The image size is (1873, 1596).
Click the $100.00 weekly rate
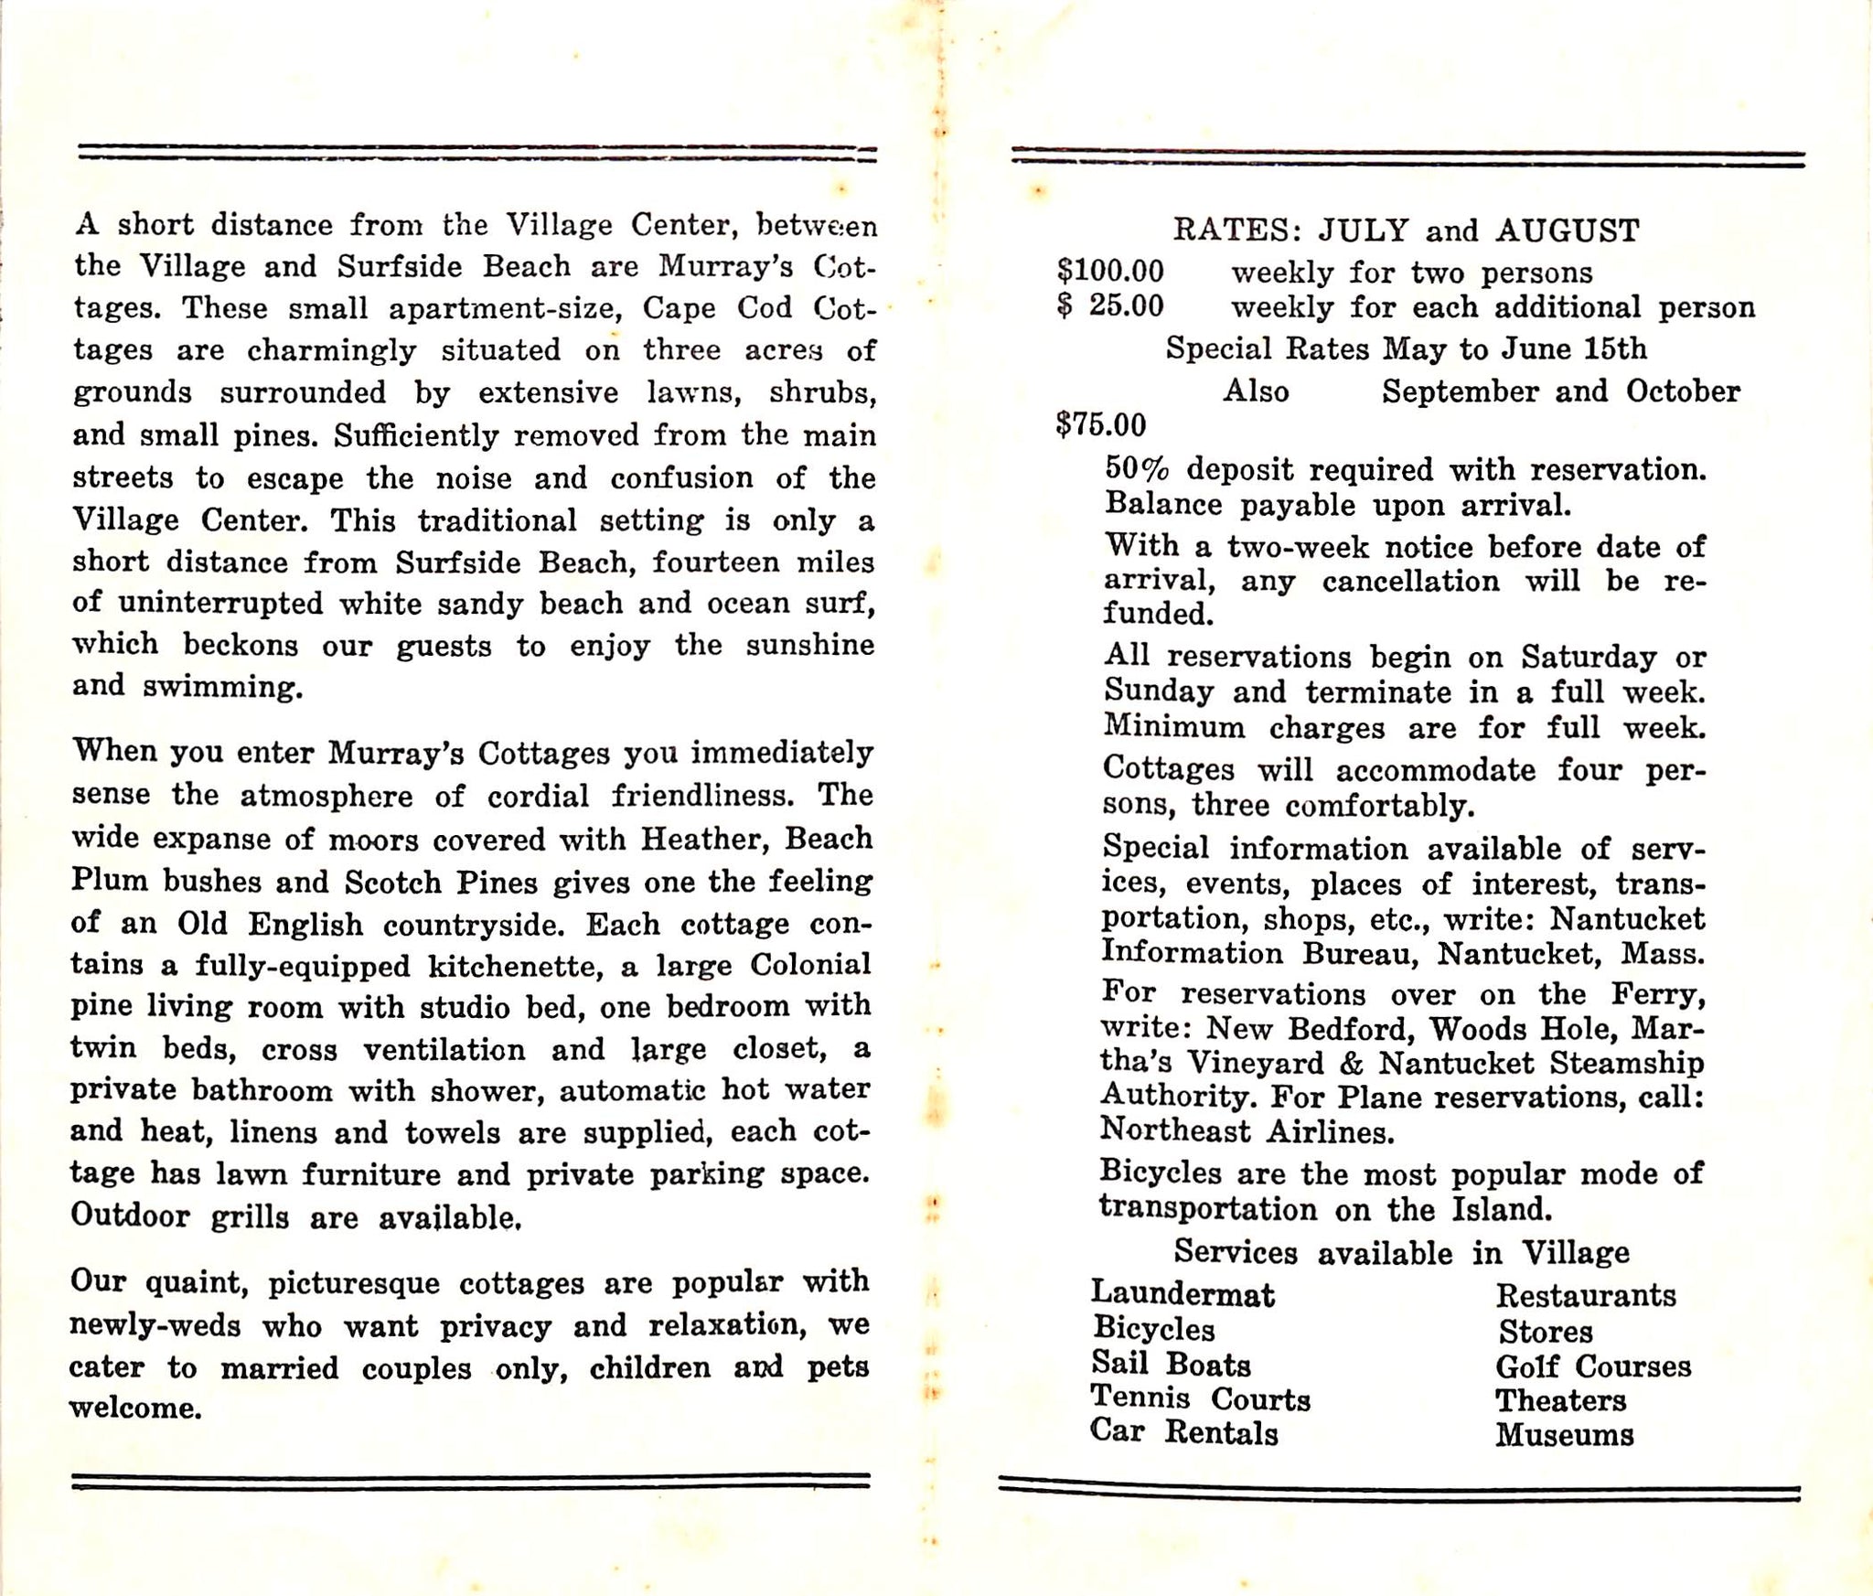coord(1110,272)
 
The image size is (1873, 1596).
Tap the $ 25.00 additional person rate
coord(1110,305)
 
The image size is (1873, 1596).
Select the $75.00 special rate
coord(1100,425)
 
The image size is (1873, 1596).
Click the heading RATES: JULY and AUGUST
coord(1406,230)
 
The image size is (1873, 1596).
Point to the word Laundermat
coord(1183,1294)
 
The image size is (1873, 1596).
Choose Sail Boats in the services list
coord(1171,1365)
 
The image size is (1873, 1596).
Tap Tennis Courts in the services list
coord(1200,1398)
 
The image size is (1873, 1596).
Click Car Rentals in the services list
coord(1183,1432)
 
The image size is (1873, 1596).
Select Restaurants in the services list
coord(1586,1295)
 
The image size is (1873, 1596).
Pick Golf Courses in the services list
coord(1593,1366)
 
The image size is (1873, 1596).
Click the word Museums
coord(1564,1435)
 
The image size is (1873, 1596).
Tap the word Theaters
coord(1560,1400)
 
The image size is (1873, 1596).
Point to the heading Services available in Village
coord(1401,1252)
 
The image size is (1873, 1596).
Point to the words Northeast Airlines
coord(1247,1132)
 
